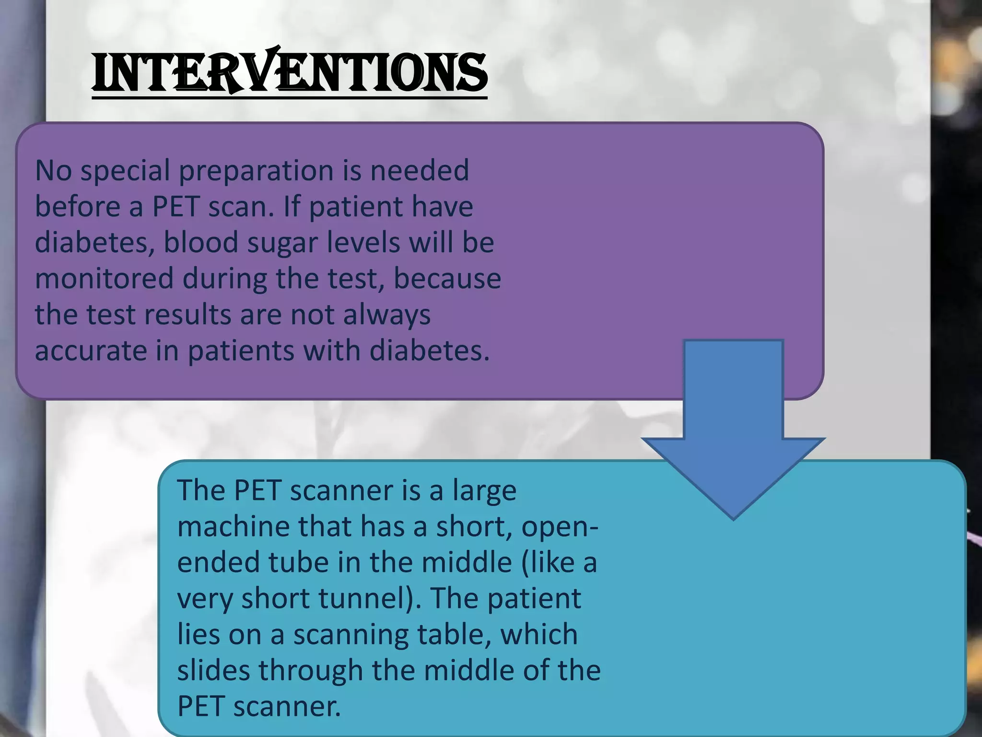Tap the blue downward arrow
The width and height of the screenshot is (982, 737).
(x=733, y=432)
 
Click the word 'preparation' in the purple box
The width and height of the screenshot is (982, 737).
(x=256, y=171)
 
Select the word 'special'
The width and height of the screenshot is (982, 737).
(x=125, y=171)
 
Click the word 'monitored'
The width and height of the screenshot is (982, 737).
(x=104, y=279)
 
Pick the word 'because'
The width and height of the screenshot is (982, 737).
(x=447, y=279)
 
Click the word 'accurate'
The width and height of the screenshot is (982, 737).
(x=91, y=351)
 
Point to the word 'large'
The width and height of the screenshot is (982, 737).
(x=484, y=491)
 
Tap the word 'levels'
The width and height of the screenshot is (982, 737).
(x=363, y=242)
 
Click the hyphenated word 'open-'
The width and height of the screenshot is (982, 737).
(x=560, y=527)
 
